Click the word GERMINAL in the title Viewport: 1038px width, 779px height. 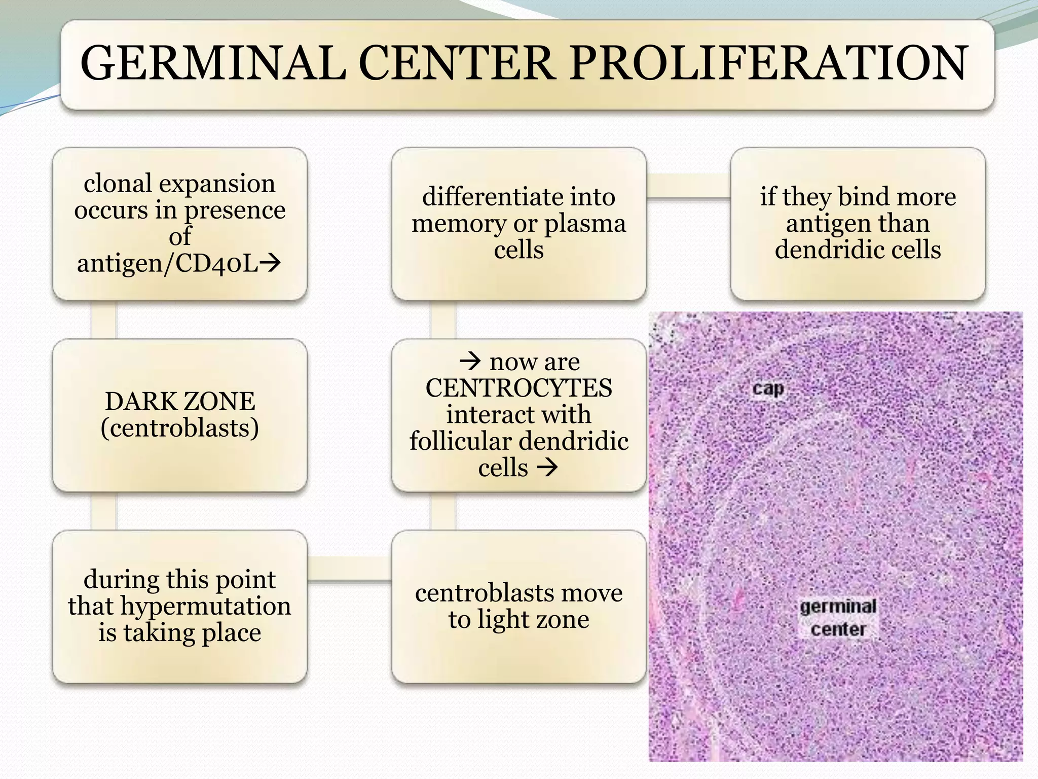[213, 63]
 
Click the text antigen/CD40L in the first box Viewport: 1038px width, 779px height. [167, 263]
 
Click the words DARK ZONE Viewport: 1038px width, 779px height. [180, 401]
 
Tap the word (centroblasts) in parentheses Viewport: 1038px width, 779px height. [180, 428]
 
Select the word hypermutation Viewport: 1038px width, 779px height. [206, 606]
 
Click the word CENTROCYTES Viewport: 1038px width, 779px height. [518, 388]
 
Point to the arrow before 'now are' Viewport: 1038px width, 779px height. [470, 362]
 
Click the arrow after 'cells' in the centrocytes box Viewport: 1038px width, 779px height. [547, 467]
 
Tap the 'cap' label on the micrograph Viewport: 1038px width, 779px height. [768, 389]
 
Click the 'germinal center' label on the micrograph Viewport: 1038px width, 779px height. [838, 617]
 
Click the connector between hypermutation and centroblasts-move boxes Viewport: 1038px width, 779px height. [349, 568]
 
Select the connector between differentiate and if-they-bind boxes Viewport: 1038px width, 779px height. [688, 186]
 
